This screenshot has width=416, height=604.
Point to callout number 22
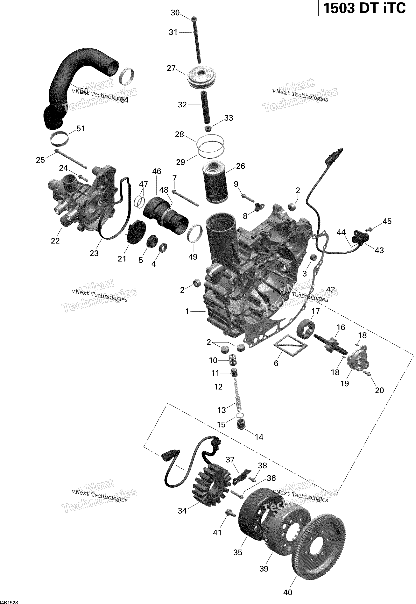coord(55,241)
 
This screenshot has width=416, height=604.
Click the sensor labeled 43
coord(360,237)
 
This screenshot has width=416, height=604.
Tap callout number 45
coord(387,221)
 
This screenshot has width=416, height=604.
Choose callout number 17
coord(315,311)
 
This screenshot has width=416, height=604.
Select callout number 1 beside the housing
coord(187,311)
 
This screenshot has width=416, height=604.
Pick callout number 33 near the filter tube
coord(228,118)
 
